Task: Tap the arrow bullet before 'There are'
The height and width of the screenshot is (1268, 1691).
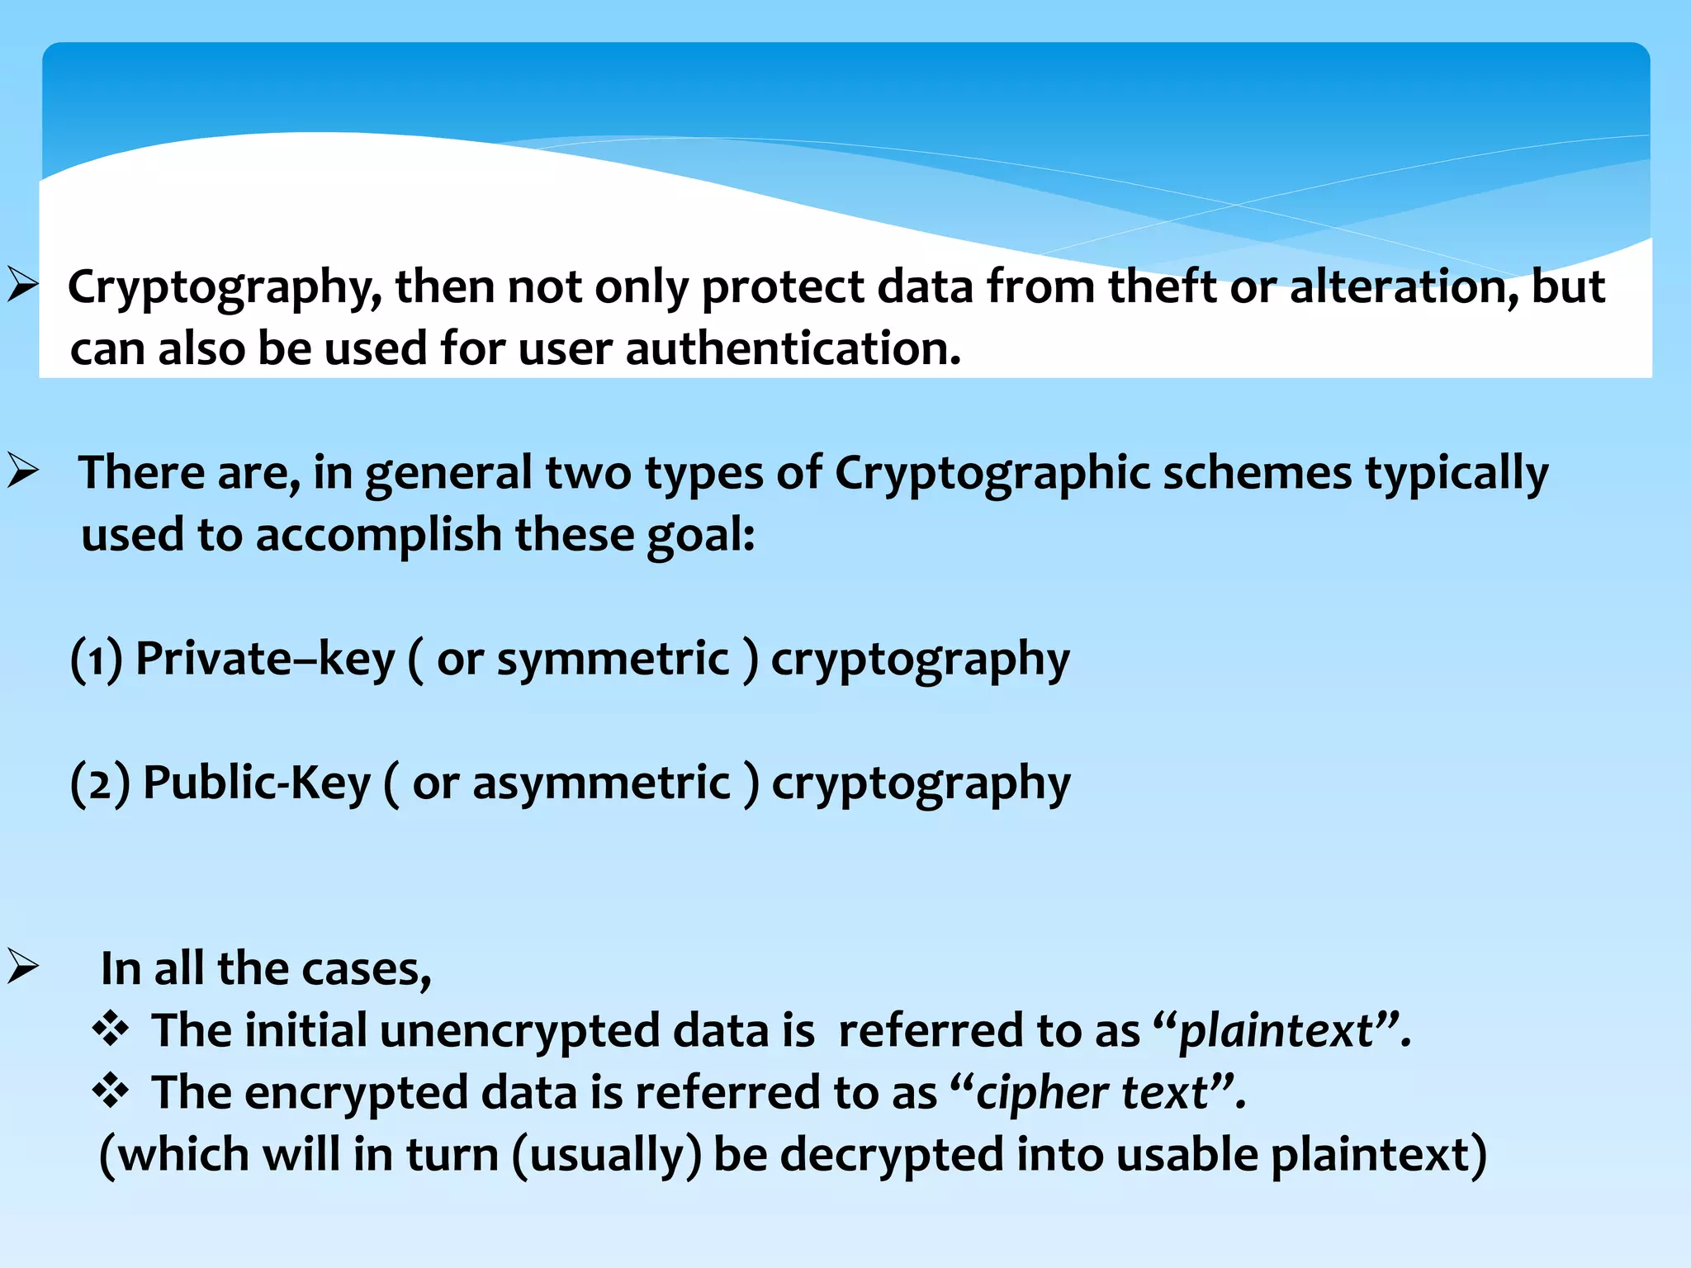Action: (x=23, y=471)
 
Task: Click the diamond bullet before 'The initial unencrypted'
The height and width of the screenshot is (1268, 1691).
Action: (x=111, y=1029)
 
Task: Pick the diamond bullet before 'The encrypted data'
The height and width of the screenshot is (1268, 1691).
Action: (x=111, y=1091)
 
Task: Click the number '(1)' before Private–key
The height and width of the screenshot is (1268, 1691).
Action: (x=97, y=660)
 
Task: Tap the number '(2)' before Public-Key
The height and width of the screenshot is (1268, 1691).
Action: (x=100, y=783)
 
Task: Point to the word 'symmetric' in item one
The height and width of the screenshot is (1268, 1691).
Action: (x=613, y=660)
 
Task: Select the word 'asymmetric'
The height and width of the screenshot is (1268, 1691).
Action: (x=601, y=783)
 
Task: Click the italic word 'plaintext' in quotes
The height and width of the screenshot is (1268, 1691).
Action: (x=1276, y=1032)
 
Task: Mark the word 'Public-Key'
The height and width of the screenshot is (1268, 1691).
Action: (x=257, y=783)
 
